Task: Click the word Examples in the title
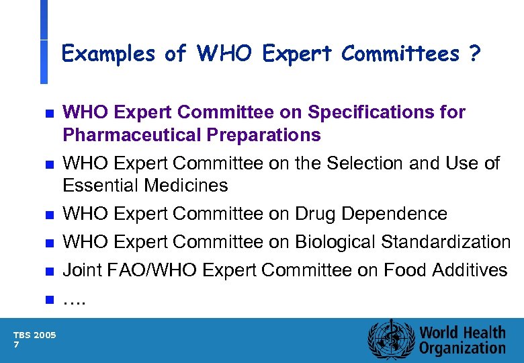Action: coord(107,54)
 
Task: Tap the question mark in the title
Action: coord(475,53)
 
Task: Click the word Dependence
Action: coord(394,214)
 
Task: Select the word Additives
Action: coord(471,270)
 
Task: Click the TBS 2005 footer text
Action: coord(35,334)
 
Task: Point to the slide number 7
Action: coord(16,345)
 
